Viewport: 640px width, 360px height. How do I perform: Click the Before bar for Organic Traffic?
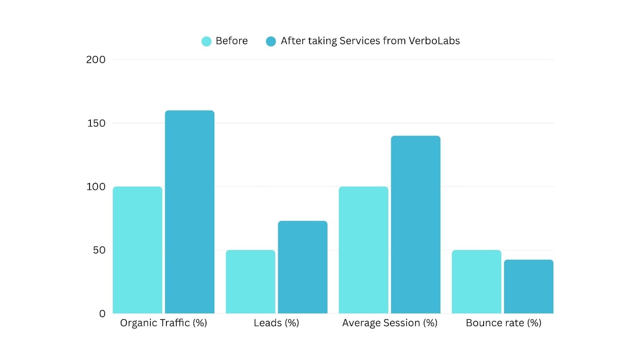tap(137, 250)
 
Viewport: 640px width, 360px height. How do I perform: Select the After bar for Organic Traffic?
tap(190, 212)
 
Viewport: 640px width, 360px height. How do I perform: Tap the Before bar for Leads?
tap(250, 282)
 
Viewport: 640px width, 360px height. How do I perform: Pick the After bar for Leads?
tap(303, 267)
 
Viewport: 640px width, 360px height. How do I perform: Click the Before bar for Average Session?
tap(363, 250)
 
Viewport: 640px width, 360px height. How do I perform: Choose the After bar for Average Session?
tap(416, 224)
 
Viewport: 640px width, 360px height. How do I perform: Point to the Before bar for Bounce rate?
tap(476, 282)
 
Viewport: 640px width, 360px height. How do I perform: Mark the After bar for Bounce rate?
tap(529, 286)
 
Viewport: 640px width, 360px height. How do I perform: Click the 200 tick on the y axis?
tap(96, 60)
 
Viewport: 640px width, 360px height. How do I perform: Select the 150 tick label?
tap(96, 123)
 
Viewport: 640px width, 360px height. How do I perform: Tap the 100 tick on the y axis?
tap(96, 187)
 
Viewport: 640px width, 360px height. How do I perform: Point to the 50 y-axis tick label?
tap(99, 250)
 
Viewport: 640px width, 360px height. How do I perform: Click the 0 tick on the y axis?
tap(102, 314)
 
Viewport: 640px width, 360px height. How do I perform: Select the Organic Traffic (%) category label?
tap(164, 323)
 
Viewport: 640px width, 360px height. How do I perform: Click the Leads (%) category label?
tap(276, 323)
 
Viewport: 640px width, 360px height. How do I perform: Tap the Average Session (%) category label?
tap(390, 323)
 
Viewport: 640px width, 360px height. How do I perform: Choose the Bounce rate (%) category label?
tap(503, 323)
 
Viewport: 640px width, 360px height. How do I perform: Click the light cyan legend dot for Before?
tap(206, 41)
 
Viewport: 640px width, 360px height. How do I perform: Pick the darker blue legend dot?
tap(271, 41)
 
